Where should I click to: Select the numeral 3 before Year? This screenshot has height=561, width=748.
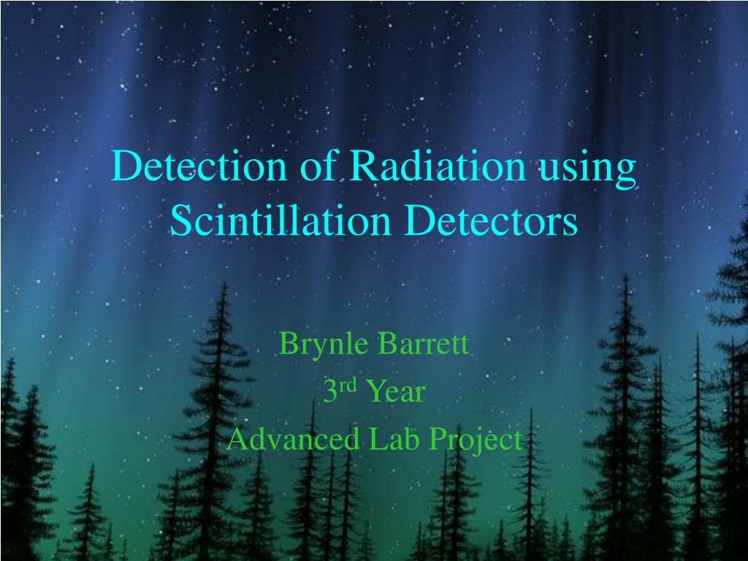point(329,392)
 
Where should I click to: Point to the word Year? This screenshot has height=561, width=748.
point(394,392)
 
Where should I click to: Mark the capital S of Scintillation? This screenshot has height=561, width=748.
point(180,221)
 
